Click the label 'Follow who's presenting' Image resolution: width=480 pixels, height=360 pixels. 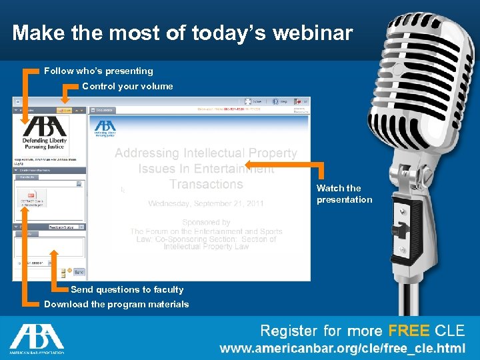(99, 71)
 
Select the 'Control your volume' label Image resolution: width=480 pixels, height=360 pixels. (127, 86)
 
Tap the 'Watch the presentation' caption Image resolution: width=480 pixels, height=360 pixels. (344, 194)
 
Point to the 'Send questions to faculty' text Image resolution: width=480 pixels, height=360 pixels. (127, 289)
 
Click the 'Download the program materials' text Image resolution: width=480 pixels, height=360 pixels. (117, 304)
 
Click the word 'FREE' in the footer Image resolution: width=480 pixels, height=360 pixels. (409, 331)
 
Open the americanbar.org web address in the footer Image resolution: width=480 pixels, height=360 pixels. (343, 349)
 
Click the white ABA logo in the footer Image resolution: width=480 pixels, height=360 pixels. (37, 339)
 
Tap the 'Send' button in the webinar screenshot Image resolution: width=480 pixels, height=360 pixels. (79, 272)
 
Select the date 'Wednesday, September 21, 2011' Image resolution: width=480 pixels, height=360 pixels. (206, 203)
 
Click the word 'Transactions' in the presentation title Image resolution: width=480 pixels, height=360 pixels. (206, 184)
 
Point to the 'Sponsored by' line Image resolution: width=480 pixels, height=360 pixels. (206, 222)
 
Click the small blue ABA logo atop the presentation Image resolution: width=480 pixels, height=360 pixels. (105, 126)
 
